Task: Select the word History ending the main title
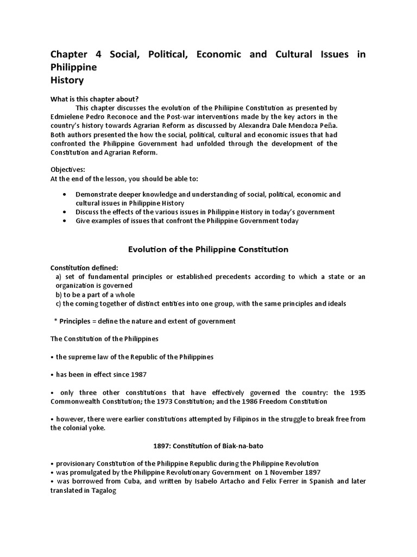(x=67, y=81)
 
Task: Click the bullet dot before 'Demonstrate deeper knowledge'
(x=65, y=195)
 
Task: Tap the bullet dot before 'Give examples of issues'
(x=65, y=221)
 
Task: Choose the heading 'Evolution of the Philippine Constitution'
(x=208, y=250)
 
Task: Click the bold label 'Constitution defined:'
(x=84, y=268)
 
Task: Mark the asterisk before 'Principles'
(x=55, y=321)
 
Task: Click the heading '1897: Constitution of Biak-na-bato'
(x=208, y=446)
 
